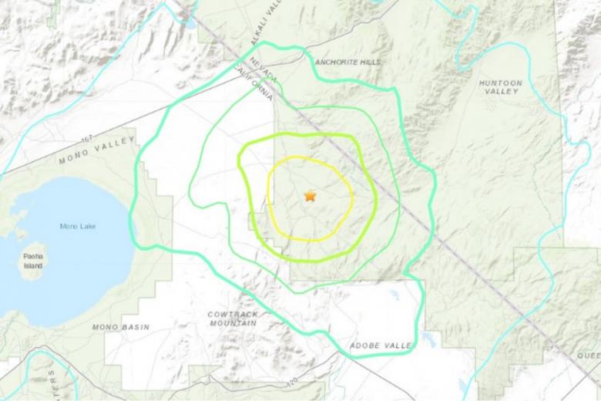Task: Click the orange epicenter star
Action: tap(310, 196)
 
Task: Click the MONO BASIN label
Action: tap(121, 327)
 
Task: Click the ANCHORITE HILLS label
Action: tap(348, 63)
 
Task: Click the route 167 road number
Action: tap(87, 140)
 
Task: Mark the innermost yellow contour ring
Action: tap(268, 197)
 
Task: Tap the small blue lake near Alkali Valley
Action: tap(190, 22)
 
